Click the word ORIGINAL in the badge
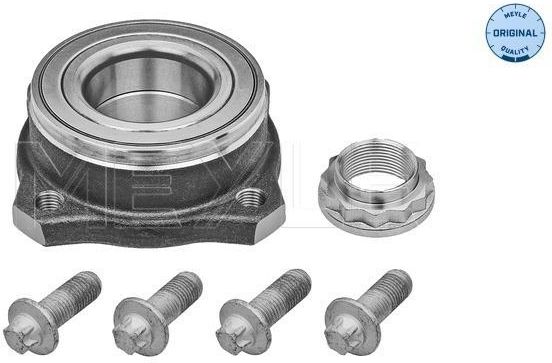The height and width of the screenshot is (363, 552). (515, 33)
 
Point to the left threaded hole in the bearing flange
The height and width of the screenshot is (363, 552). (50, 201)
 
